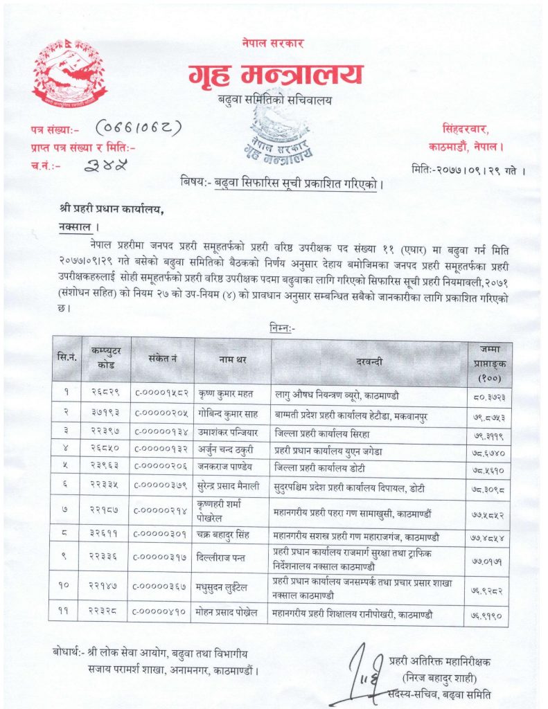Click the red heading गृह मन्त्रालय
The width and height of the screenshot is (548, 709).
pos(274,74)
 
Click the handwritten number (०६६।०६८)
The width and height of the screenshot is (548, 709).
pos(138,128)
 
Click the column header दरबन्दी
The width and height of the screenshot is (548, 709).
pos(370,360)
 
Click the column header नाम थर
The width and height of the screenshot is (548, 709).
pos(232,360)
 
